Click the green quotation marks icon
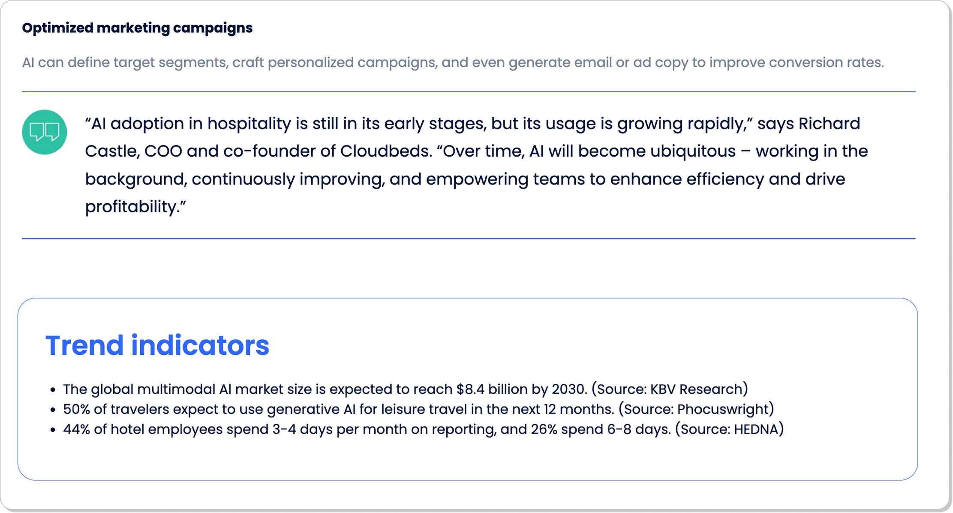45,132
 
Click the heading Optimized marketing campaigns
137,28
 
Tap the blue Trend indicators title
157,345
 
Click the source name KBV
663,389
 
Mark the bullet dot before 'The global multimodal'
53,390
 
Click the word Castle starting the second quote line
110,151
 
